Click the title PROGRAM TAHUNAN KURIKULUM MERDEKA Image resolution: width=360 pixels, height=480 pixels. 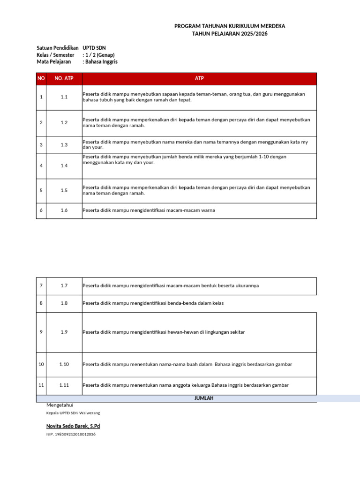click(230, 26)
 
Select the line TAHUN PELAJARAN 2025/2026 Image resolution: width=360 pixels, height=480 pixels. click(230, 34)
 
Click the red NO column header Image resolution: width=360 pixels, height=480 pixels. click(41, 78)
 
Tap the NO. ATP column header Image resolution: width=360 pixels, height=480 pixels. click(64, 78)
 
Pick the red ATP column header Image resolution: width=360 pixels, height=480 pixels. click(199, 78)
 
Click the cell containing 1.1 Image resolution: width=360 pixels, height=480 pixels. click(64, 97)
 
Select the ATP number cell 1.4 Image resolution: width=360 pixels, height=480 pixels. click(64, 165)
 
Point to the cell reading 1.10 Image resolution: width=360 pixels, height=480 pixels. click(64, 364)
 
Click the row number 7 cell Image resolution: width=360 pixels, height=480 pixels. click(41, 285)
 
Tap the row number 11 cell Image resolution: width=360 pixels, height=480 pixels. click(41, 385)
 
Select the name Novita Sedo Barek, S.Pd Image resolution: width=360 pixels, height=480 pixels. click(73, 426)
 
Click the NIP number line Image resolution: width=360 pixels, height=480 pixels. click(71, 435)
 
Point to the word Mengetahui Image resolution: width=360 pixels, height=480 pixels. click(60, 405)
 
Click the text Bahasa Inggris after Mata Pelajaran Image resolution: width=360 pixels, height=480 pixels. click(101, 61)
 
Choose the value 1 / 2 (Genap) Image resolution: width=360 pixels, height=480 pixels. click(100, 55)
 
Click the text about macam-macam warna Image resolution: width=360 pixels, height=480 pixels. click(149, 210)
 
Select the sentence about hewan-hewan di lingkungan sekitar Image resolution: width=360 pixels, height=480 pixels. click(164, 332)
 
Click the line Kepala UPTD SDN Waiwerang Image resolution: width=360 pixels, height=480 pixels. click(73, 413)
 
